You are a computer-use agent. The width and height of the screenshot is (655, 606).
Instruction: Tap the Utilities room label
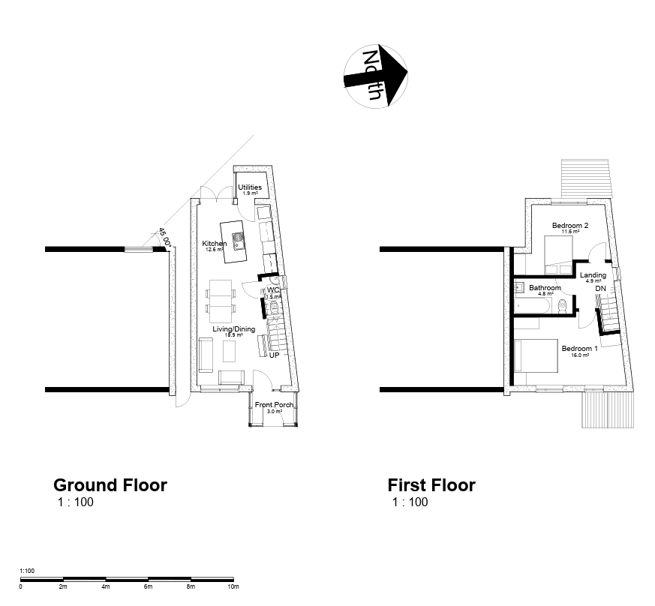(250, 187)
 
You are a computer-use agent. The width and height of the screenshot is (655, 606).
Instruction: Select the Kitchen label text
(215, 244)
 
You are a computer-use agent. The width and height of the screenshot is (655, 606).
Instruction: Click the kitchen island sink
(239, 241)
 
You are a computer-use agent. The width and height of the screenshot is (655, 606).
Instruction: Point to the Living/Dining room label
(233, 329)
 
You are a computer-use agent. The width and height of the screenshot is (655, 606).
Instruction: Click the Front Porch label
(274, 406)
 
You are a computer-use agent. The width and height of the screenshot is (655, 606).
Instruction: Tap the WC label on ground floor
(273, 289)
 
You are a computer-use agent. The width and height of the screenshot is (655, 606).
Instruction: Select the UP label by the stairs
(274, 355)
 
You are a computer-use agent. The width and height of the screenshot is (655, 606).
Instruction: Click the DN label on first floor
(601, 288)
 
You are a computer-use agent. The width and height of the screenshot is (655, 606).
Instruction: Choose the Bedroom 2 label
(570, 226)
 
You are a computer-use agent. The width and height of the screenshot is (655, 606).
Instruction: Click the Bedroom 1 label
(580, 349)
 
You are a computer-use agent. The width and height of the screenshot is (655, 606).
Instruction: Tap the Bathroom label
(545, 288)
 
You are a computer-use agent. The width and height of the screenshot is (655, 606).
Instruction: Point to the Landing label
(593, 275)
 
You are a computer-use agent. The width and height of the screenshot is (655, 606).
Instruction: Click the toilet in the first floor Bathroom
(563, 304)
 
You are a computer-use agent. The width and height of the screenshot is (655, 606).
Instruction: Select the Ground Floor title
(110, 485)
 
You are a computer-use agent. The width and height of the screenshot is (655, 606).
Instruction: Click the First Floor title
(431, 485)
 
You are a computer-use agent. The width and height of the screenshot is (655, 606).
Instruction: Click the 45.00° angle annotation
(165, 238)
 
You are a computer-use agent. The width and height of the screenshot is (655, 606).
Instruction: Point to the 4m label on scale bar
(105, 586)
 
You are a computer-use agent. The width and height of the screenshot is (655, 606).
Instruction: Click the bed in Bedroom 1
(535, 355)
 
